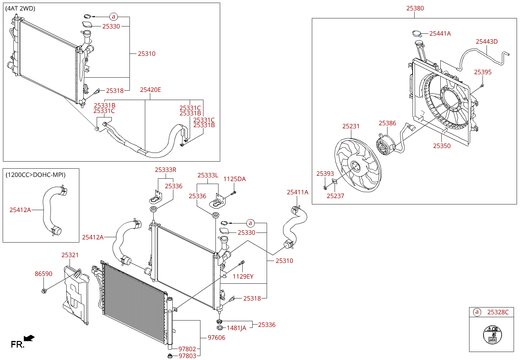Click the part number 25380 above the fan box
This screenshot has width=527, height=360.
pos(415,8)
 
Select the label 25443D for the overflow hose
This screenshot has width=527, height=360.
pos(487,41)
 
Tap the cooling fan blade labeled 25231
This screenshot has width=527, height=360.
pos(358,165)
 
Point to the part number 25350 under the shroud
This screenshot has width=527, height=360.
pos(442,146)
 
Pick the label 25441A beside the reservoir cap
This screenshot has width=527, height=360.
pos(440,34)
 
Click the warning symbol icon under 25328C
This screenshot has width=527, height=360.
pos(493,335)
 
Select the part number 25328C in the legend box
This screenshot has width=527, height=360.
pos(498,312)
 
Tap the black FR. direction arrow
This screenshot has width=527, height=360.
pos(29,338)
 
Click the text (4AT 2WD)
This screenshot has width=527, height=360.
pos(20,8)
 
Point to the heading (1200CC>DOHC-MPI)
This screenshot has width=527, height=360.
pos(35,175)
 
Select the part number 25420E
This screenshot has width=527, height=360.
pos(150,90)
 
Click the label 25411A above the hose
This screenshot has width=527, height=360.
pos(297,192)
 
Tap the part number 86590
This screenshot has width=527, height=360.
pos(43,274)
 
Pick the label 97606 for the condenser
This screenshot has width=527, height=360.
pos(216,338)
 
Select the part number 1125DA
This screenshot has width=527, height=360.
pos(234,179)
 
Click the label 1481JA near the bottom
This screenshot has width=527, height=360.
pos(237,328)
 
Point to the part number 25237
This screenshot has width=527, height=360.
pos(335,196)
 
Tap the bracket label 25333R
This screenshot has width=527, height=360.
pos(165,170)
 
